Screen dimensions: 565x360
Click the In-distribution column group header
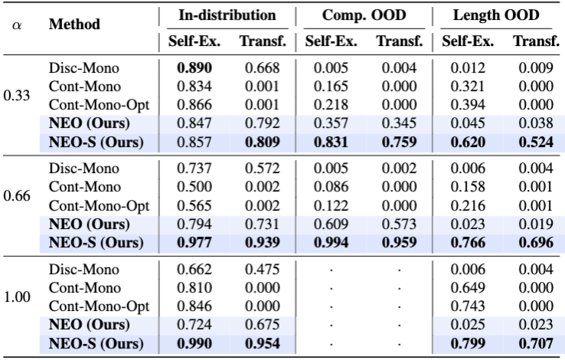[x=227, y=15]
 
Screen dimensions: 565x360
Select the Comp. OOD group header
[x=364, y=15]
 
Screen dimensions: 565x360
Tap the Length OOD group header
[x=496, y=15]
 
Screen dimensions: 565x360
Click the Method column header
[x=74, y=25]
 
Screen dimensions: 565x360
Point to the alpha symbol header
[x=17, y=25]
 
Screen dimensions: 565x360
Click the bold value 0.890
[x=194, y=67]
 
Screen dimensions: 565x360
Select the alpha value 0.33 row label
[x=17, y=96]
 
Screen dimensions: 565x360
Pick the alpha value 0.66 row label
[x=17, y=196]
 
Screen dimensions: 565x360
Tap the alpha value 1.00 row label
[x=17, y=297]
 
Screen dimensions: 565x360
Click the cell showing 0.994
[x=331, y=242]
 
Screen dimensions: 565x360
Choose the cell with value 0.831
[x=331, y=142]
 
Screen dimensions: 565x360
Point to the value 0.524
[x=536, y=142]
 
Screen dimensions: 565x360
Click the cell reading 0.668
[x=263, y=67]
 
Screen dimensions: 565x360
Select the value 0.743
[x=468, y=306]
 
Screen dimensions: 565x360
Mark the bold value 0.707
[x=536, y=343]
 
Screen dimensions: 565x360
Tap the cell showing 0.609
[x=331, y=224]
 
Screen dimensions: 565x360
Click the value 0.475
[x=263, y=269]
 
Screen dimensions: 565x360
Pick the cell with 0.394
[x=468, y=104]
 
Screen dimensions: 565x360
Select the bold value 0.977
[x=194, y=242]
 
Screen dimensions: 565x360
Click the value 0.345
[x=399, y=123]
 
